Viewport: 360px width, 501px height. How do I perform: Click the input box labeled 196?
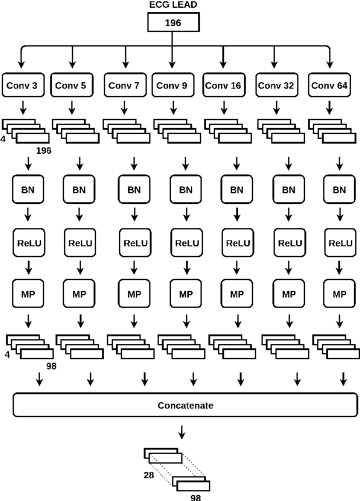(x=172, y=23)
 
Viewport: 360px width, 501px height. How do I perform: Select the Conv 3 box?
(x=22, y=86)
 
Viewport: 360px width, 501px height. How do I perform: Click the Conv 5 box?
(x=71, y=86)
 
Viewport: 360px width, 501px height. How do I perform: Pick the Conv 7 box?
(x=124, y=86)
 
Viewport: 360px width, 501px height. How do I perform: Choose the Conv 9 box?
(x=172, y=86)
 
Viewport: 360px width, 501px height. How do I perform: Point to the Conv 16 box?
(x=223, y=86)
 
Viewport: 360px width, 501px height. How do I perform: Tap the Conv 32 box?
(x=276, y=86)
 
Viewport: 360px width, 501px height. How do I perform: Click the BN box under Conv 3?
(x=28, y=190)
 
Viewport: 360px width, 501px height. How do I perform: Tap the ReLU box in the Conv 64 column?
(x=339, y=243)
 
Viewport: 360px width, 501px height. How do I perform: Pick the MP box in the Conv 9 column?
(x=186, y=295)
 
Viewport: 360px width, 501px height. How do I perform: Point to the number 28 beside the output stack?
(x=149, y=475)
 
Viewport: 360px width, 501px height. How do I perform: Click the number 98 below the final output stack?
(x=196, y=497)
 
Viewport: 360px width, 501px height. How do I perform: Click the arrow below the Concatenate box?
(x=181, y=432)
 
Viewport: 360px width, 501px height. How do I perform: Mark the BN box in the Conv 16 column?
(x=237, y=190)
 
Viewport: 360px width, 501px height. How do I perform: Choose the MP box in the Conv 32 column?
(x=289, y=295)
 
